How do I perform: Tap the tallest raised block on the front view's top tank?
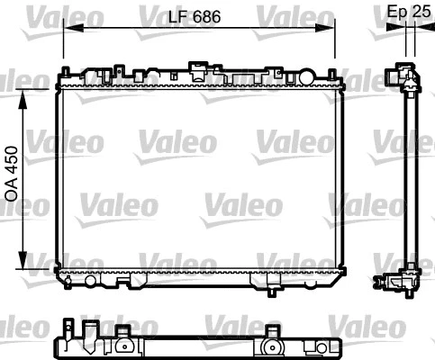(x=196, y=67)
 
